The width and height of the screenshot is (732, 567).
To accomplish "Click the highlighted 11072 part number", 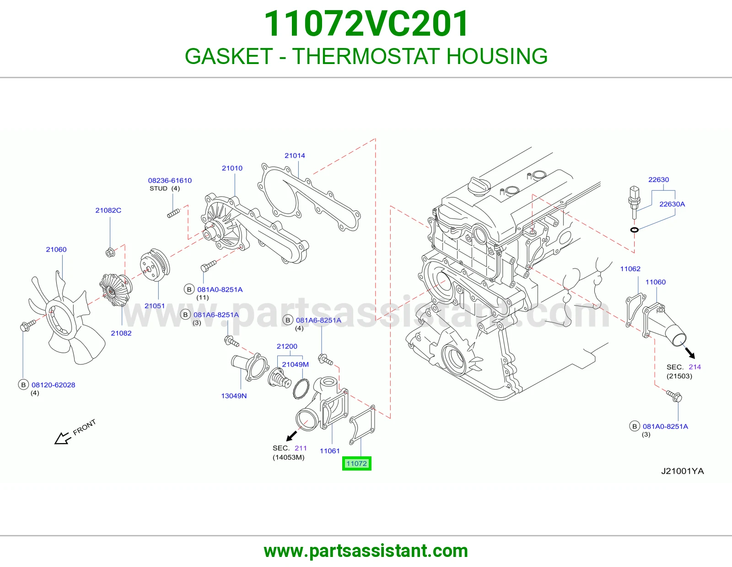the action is tap(356, 463).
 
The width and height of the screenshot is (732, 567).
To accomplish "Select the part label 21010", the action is tap(232, 168).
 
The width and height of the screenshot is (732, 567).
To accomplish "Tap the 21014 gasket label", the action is tap(295, 155).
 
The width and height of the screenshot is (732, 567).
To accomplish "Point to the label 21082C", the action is tap(108, 210).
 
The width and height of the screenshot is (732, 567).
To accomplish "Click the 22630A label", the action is tap(672, 204).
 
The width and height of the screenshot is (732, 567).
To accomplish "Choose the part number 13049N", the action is tap(234, 396).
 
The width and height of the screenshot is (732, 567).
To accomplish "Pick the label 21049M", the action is tap(295, 364).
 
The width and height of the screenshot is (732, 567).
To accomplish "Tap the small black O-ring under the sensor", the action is tap(634, 230).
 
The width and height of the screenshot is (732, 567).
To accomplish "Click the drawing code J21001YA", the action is tap(683, 471).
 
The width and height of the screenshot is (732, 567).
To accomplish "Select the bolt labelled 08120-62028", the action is tap(28, 325).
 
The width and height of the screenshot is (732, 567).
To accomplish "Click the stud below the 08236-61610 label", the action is tap(173, 213).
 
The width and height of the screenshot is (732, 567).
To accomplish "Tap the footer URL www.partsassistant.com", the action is tap(366, 551).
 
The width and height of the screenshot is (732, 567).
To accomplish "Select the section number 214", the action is tap(694, 367).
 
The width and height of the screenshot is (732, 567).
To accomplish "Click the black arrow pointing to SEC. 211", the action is tap(291, 436).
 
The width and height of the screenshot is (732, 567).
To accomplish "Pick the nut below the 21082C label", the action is tap(110, 252).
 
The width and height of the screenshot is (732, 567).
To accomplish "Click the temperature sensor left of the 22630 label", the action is tap(634, 202).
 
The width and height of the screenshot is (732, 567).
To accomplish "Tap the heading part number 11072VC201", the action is tap(366, 24).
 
